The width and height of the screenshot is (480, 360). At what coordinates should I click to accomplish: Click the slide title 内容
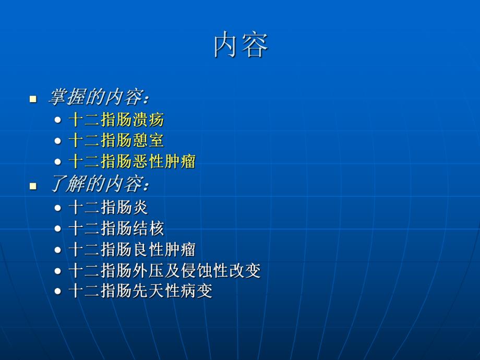tap(241, 45)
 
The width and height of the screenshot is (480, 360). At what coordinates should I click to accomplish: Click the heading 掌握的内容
tap(99, 97)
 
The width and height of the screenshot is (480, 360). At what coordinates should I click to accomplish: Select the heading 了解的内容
tap(99, 184)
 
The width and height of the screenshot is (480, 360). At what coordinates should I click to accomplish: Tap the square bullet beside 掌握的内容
tap(33, 98)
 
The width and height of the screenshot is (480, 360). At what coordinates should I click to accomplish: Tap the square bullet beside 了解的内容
tap(33, 186)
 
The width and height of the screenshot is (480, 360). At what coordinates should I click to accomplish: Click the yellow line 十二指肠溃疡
tap(116, 119)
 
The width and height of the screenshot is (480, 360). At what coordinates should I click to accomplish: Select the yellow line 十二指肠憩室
tap(116, 140)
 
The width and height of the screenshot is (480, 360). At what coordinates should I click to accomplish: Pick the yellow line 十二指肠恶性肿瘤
tap(131, 161)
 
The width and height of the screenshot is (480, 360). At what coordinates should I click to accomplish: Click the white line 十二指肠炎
tap(108, 207)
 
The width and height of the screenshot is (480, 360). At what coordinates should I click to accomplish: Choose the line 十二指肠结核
tap(116, 228)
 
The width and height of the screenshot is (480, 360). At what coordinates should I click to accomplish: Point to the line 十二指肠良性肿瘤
tap(131, 249)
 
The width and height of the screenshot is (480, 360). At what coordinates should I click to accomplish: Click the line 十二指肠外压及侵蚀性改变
tap(164, 270)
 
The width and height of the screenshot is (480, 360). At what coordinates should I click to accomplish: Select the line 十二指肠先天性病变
tap(140, 291)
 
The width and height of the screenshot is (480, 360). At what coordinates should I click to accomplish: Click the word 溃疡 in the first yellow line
tap(148, 119)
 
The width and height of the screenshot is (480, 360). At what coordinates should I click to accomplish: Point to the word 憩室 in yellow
tap(148, 140)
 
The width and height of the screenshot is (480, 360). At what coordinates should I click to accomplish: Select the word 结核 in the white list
tap(148, 228)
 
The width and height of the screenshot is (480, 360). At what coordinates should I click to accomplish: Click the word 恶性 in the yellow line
tap(148, 161)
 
